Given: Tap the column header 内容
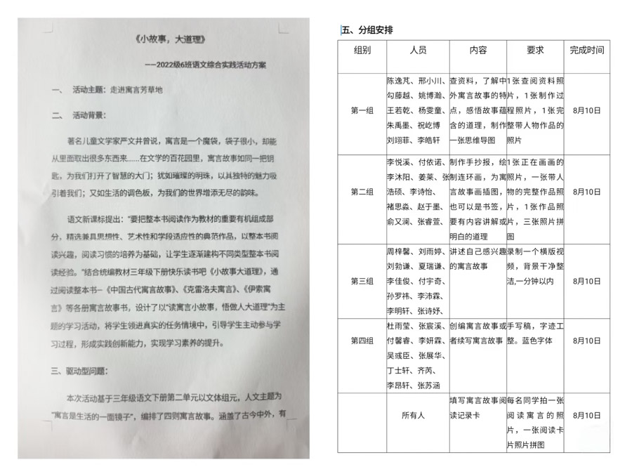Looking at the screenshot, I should coord(478,51).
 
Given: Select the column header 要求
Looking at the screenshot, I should coord(535,51).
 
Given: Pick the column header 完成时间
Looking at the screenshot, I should coord(586,51).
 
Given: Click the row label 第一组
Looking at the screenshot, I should coord(362,111).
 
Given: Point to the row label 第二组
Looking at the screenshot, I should coord(362,192).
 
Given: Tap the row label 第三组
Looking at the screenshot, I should coord(362,281).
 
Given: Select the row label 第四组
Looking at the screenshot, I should coord(362,341).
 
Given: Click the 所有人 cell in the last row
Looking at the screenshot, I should coord(413,416).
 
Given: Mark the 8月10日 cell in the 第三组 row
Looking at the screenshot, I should coord(586,281).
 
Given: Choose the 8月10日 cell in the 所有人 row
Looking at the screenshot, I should coord(586,416).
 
